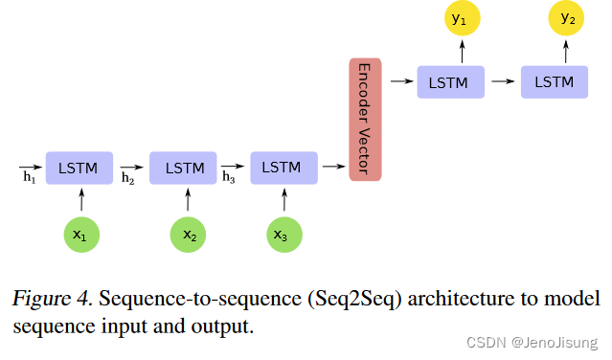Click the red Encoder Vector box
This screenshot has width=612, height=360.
tap(365, 119)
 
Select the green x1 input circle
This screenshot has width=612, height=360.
tap(81, 234)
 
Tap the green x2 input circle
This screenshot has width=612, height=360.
tap(188, 234)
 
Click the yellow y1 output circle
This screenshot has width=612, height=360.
tap(457, 18)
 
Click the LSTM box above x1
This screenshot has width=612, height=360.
tap(79, 168)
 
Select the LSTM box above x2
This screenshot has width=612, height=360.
tap(185, 168)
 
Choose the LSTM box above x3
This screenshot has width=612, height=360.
tap(283, 168)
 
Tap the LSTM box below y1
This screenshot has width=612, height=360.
tap(450, 81)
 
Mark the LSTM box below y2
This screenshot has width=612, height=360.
tap(555, 81)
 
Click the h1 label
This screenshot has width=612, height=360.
tap(29, 177)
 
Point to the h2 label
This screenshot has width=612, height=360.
tap(128, 177)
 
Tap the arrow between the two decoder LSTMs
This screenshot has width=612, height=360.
tap(502, 82)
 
